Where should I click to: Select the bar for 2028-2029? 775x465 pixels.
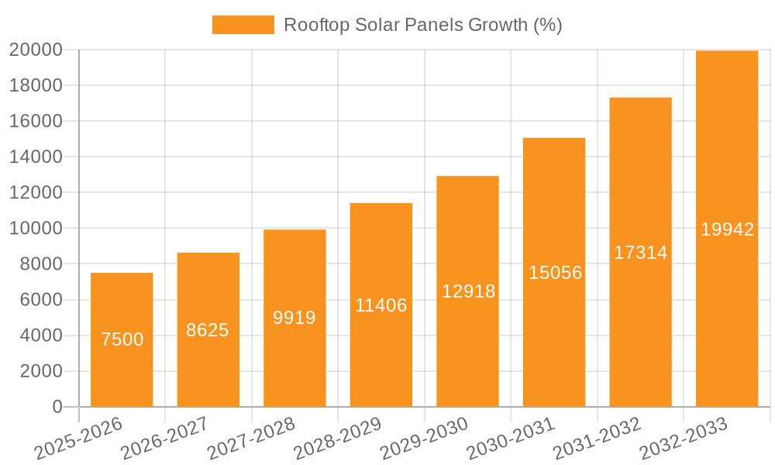point(381,349)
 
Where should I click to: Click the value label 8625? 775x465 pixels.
point(208,330)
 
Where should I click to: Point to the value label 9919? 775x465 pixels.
point(294,318)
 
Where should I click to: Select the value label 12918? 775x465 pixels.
point(468,291)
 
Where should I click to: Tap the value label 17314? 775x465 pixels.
point(640,253)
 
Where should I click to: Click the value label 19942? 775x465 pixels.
point(727,229)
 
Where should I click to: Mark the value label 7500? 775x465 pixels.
point(122,339)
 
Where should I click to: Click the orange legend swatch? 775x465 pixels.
point(243,25)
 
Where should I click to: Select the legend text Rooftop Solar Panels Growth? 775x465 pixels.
point(422,25)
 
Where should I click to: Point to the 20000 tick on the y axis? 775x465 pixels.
point(36,50)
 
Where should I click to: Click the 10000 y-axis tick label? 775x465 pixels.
point(36,229)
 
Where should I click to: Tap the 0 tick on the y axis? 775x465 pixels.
point(57,407)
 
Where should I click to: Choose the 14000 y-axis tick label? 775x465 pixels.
point(36,157)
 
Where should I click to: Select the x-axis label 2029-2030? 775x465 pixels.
point(424,438)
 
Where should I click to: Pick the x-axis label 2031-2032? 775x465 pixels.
point(597,438)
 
